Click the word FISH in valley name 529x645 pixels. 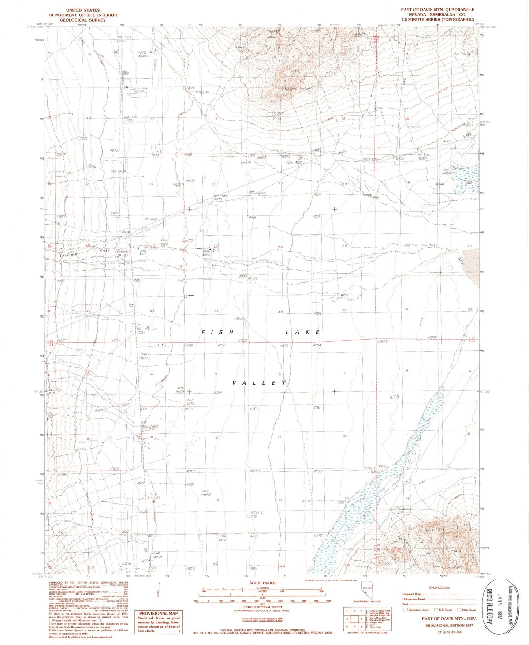218,332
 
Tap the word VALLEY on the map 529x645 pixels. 259,383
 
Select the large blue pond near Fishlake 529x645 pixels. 143,252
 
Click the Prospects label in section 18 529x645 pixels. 414,127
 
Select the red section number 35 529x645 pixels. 280,312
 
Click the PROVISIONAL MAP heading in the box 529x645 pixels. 158,613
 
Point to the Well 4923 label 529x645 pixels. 164,242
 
